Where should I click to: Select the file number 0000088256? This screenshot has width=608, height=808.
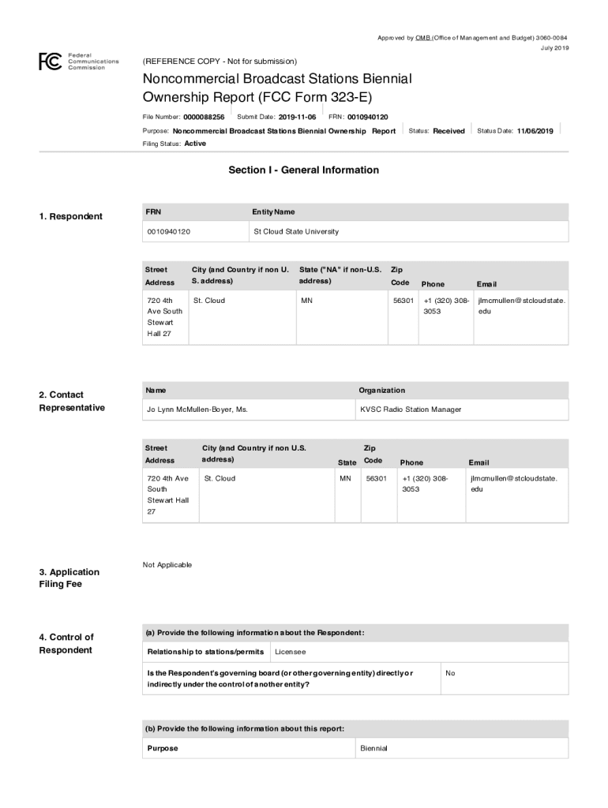(204, 117)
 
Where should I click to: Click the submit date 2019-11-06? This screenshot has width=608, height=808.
(297, 117)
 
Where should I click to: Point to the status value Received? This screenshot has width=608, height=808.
(448, 131)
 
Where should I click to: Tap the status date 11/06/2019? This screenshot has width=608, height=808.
(535, 131)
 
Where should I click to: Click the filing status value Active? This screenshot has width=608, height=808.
(195, 144)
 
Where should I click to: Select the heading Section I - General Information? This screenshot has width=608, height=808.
(303, 170)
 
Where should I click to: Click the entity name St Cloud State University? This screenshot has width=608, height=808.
(295, 232)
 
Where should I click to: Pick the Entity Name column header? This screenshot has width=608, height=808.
(273, 211)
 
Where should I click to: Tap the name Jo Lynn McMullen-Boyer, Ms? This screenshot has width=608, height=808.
(197, 410)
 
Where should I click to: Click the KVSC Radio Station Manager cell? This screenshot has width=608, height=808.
(411, 410)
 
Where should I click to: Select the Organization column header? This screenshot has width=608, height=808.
(381, 391)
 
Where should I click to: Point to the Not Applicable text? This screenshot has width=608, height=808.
(167, 565)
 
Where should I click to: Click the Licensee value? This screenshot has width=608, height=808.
(290, 653)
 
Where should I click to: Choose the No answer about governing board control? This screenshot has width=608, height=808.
(450, 673)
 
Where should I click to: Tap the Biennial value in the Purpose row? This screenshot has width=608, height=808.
(373, 748)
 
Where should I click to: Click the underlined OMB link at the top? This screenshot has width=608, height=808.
(422, 38)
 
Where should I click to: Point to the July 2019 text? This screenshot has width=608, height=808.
(554, 48)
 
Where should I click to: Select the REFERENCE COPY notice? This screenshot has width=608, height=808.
(220, 62)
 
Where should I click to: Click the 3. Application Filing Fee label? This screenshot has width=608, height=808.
(69, 578)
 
